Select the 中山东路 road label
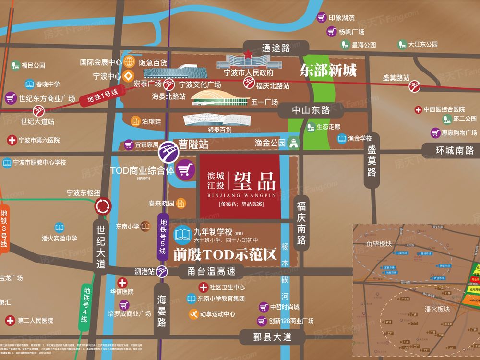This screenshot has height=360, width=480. [312, 110]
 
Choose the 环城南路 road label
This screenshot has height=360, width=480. [454, 150]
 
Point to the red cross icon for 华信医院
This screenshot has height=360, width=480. [123, 282]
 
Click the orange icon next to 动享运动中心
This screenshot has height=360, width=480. [192, 314]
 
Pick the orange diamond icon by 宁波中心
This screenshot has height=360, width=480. [129, 76]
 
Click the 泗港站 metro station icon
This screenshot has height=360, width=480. [162, 272]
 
